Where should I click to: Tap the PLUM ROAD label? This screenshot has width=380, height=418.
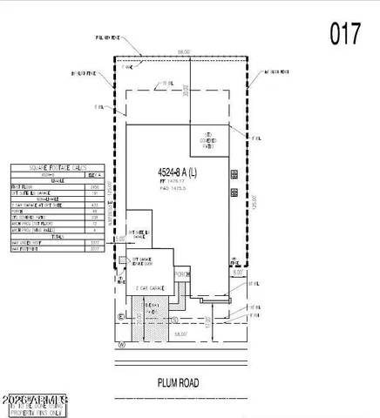[180, 381]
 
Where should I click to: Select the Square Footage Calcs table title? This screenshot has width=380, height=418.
[58, 168]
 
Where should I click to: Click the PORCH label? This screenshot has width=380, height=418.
[181, 274]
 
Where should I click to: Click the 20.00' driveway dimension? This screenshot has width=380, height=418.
[140, 329]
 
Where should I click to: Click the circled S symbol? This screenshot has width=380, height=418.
[122, 317]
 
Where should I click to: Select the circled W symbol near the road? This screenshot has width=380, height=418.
[123, 344]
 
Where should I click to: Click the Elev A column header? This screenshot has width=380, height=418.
[98, 175]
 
